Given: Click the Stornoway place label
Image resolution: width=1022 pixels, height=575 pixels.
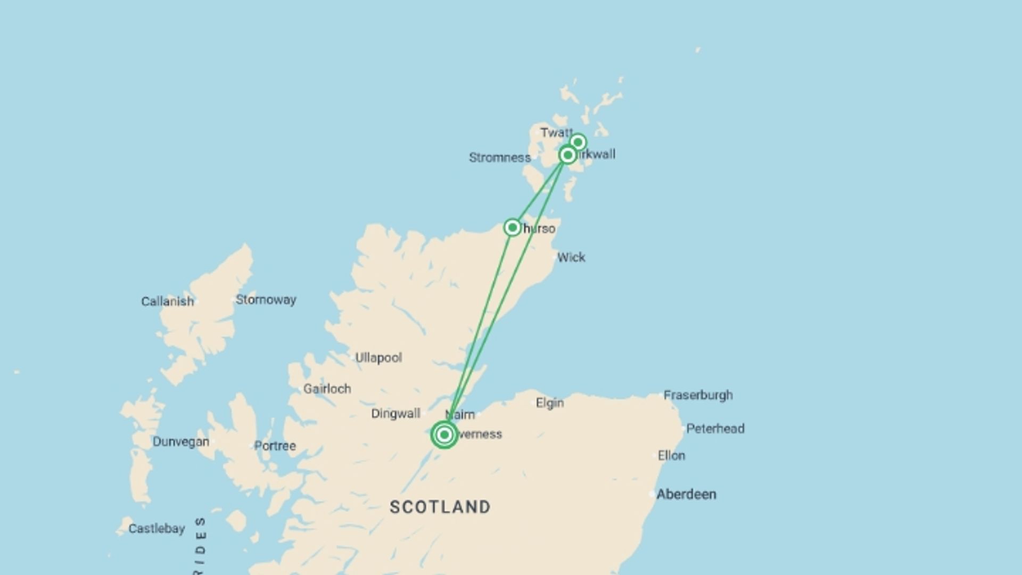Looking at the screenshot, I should tap(266, 300).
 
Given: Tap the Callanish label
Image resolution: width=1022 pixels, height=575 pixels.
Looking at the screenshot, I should tap(167, 301).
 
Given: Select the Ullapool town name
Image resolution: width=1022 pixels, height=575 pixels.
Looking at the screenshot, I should tap(378, 358).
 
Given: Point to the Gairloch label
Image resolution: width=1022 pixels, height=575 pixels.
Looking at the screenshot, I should tap(327, 389).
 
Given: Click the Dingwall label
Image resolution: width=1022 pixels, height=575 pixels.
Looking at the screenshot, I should tap(395, 414).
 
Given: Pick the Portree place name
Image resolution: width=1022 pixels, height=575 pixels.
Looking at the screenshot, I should tap(275, 446).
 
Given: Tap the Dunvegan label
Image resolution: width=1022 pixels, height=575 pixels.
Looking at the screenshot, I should tap(180, 442).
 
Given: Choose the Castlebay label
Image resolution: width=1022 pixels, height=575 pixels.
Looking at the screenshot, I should tap(156, 529).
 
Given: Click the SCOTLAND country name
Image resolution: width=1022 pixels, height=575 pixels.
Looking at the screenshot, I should tap(440, 507).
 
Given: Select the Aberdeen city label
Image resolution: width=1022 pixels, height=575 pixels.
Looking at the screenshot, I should tap(686, 495).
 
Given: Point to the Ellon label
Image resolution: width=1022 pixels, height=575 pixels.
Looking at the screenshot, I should tap(671, 456).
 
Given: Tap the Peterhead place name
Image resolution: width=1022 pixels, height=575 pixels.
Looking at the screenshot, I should tap(715, 429).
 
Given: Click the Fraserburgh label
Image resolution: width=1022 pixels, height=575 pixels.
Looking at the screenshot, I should tap(698, 395).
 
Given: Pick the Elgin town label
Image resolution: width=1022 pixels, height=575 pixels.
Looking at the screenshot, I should tap(549, 403).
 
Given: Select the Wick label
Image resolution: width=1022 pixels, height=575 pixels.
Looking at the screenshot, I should tap(571, 258).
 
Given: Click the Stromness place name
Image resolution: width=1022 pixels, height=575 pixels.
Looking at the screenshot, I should tap(499, 158).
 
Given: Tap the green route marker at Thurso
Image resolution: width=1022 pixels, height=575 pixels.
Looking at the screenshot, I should tap(512, 228).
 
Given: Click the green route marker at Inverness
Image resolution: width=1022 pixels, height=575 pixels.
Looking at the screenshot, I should tap(444, 435).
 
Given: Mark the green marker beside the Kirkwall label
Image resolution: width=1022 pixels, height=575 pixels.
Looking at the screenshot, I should tap(568, 155).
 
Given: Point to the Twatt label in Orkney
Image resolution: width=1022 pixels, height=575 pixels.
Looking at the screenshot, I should tap(556, 133).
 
